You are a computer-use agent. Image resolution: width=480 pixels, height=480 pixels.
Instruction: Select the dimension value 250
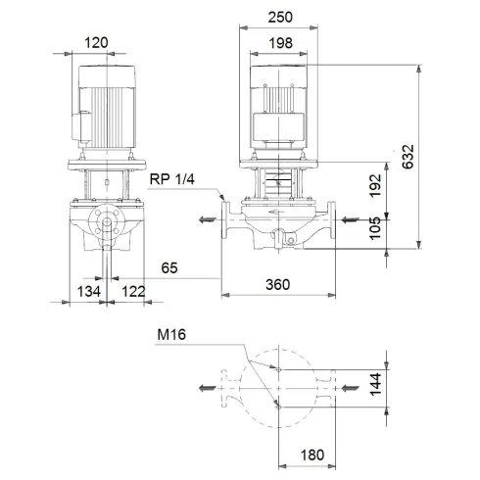[x=284, y=18]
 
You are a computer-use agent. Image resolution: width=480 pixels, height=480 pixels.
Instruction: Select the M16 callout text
[x=172, y=336]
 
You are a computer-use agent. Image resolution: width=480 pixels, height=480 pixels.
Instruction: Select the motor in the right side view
[x=283, y=108]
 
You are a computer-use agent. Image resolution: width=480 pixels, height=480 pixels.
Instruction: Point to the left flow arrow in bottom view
[x=206, y=389]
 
